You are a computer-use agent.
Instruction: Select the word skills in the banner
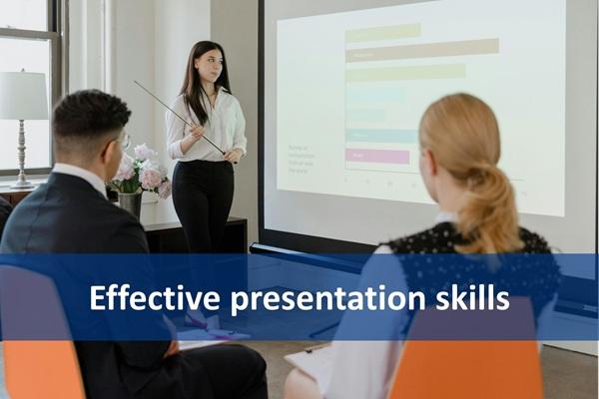click(x=471, y=297)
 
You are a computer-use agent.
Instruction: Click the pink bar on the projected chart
click(x=377, y=156)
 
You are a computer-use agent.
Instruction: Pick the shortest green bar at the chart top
click(x=382, y=32)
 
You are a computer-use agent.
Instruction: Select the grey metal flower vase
click(x=131, y=203)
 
